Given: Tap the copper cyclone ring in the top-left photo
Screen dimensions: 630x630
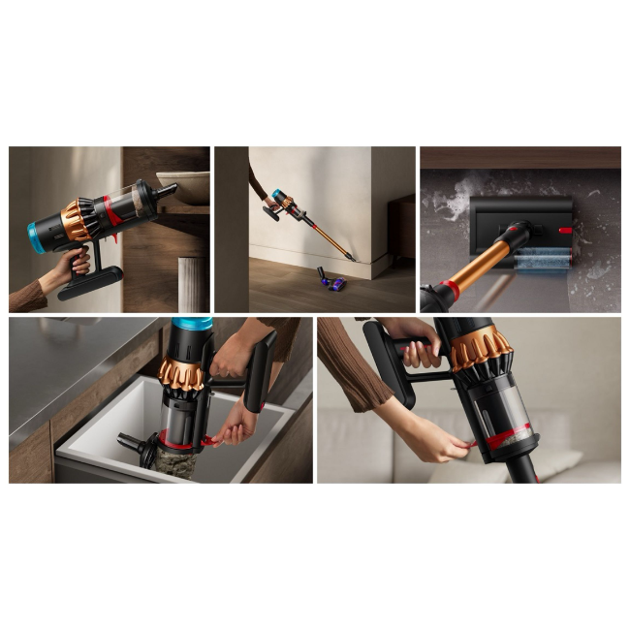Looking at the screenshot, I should click(x=78, y=221).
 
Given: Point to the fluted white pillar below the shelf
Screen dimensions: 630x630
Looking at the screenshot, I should click(x=192, y=284).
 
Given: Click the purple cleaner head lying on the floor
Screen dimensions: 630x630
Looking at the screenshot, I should click(x=332, y=283).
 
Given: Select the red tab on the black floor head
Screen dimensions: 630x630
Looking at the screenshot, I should click(x=564, y=230).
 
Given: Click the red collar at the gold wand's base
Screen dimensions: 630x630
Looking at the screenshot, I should click(x=451, y=288).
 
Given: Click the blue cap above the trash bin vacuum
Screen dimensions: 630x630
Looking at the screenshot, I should click(x=191, y=324).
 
